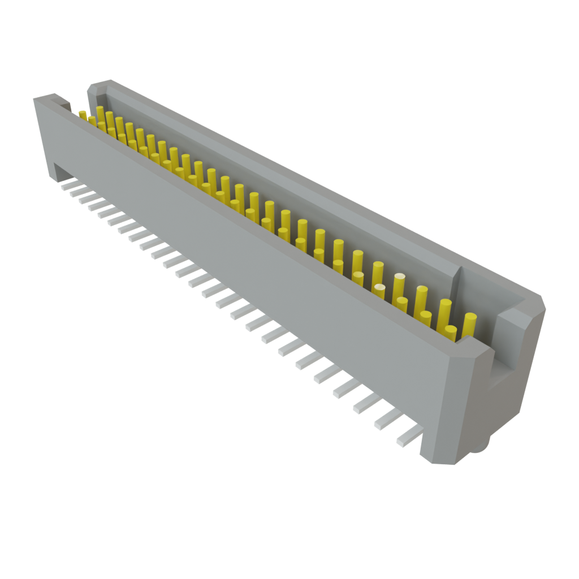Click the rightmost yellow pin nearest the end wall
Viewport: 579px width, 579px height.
[469, 325]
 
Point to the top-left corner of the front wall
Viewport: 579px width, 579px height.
[37, 100]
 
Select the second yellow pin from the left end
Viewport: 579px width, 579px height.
[92, 119]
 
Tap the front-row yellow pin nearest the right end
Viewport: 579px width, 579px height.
[450, 334]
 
